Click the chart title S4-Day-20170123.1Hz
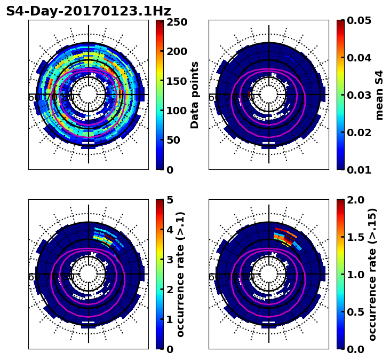(x=89, y=11)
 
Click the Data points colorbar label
(x=195, y=95)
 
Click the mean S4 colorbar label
(x=379, y=95)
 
